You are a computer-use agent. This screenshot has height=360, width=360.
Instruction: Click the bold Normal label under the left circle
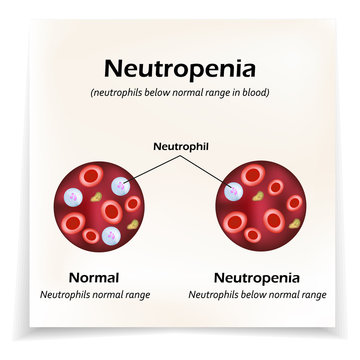pyautogui.click(x=93, y=277)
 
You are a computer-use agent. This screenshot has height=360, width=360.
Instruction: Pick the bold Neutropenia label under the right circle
pyautogui.click(x=257, y=277)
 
